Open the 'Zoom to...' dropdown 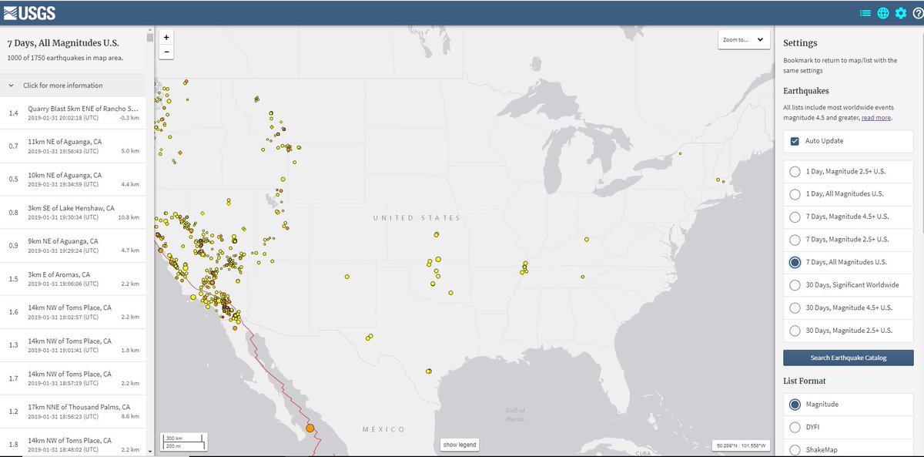744,40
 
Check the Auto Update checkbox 795,141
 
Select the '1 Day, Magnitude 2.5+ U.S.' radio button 795,171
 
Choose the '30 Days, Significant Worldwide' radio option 795,285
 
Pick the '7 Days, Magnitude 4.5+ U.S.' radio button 795,217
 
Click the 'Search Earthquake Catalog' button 848,358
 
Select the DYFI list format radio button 795,427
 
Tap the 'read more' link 875,118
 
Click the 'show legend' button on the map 460,445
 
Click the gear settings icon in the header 900,13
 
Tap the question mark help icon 917,13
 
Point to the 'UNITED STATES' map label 416,218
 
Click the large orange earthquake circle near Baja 310,428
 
